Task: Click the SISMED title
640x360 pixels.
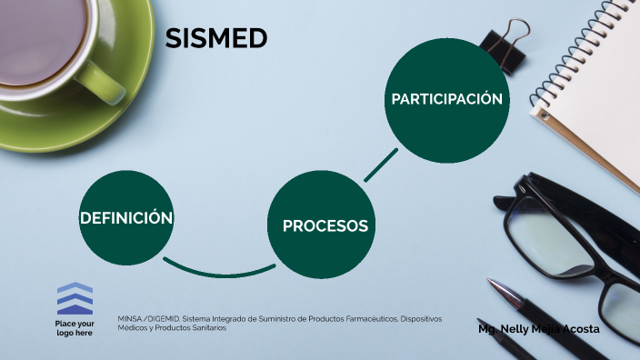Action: pos(216,38)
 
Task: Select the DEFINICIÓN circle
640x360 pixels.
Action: pos(126,218)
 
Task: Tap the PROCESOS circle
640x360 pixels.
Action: pos(325,225)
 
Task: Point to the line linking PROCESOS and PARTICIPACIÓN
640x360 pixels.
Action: pos(381,165)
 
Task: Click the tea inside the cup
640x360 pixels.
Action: pos(41,27)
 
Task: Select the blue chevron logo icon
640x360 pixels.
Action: pos(75,299)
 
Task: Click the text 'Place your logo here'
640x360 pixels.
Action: pos(75,329)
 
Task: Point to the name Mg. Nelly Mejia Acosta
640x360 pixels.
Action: pos(538,328)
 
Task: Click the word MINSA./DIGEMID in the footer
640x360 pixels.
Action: pos(148,319)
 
